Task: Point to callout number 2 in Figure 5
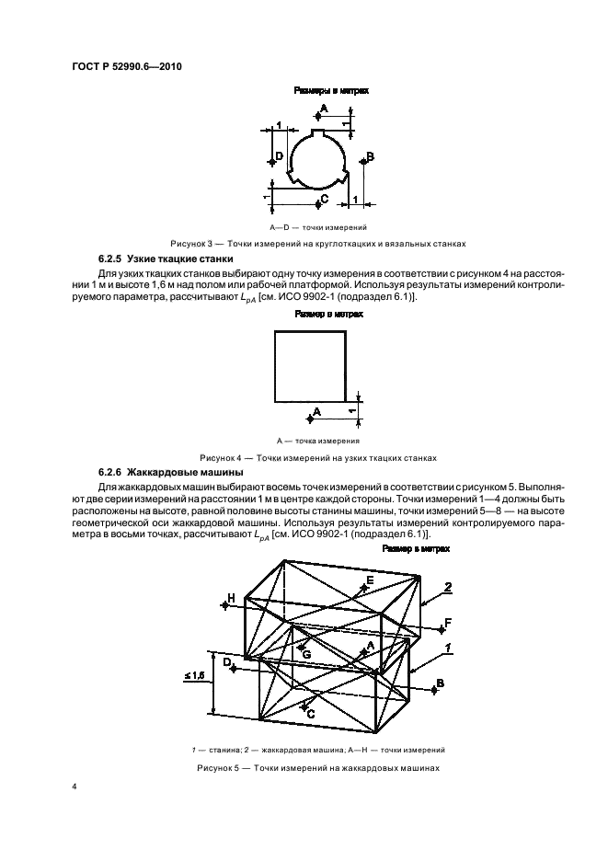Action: [448, 586]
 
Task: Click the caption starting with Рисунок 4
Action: [319, 457]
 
